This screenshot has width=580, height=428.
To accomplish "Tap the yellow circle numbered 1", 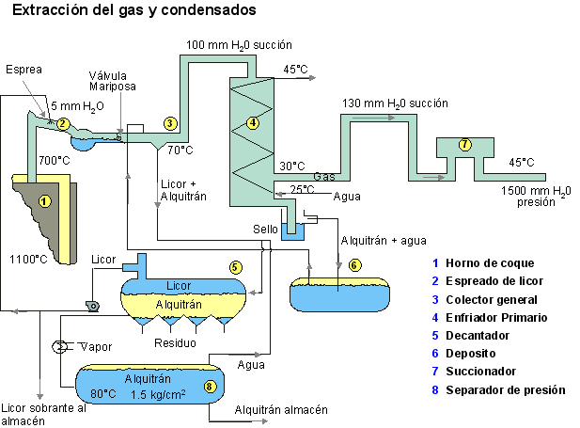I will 43,199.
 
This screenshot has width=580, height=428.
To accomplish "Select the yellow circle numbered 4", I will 251,122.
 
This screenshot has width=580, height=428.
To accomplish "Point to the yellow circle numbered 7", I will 464,144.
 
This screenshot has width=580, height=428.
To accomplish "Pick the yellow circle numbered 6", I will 354,264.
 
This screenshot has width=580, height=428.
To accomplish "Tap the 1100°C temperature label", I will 26,258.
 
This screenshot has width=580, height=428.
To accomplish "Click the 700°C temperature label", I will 54,160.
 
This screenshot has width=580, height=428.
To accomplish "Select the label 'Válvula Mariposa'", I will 114,81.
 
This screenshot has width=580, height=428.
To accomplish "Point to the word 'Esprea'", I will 24,70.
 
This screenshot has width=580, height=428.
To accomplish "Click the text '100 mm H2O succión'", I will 240,45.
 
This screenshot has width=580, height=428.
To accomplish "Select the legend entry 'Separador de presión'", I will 506,388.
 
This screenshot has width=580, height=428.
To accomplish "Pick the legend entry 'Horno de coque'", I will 490,263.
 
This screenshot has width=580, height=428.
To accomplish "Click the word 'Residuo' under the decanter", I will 176,343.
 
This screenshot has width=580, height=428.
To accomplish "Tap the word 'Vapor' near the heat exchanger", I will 94,347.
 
